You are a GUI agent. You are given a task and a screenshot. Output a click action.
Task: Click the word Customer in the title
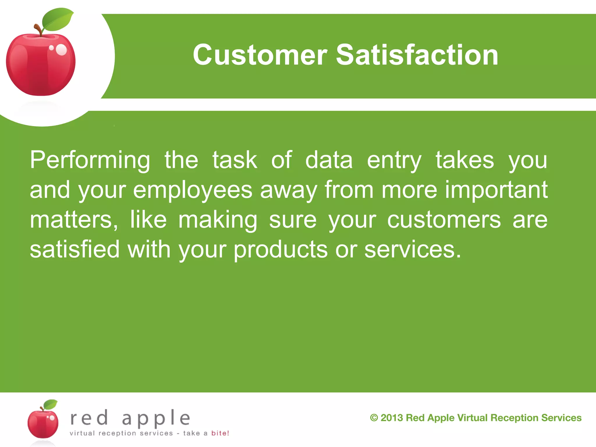click(260, 55)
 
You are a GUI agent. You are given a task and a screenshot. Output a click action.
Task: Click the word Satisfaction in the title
click(417, 55)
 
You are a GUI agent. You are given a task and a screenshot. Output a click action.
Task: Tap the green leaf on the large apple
click(57, 20)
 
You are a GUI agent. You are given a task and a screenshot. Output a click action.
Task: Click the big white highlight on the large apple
click(61, 50)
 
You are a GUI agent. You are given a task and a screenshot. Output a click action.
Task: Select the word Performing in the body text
click(90, 160)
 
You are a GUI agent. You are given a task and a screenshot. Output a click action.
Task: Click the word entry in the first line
click(394, 160)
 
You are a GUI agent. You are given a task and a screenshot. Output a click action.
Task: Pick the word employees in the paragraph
click(193, 190)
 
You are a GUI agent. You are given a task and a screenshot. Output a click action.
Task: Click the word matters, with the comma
click(74, 220)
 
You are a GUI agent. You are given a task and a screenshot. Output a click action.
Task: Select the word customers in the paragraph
click(444, 220)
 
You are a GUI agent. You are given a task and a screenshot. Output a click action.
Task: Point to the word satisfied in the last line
click(75, 249)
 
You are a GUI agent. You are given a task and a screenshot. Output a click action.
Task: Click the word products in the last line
click(281, 249)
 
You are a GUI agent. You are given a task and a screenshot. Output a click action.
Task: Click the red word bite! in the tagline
click(220, 433)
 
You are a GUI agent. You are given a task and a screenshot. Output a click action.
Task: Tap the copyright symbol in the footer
click(374, 418)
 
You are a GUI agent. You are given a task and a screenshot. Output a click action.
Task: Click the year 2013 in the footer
click(392, 418)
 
